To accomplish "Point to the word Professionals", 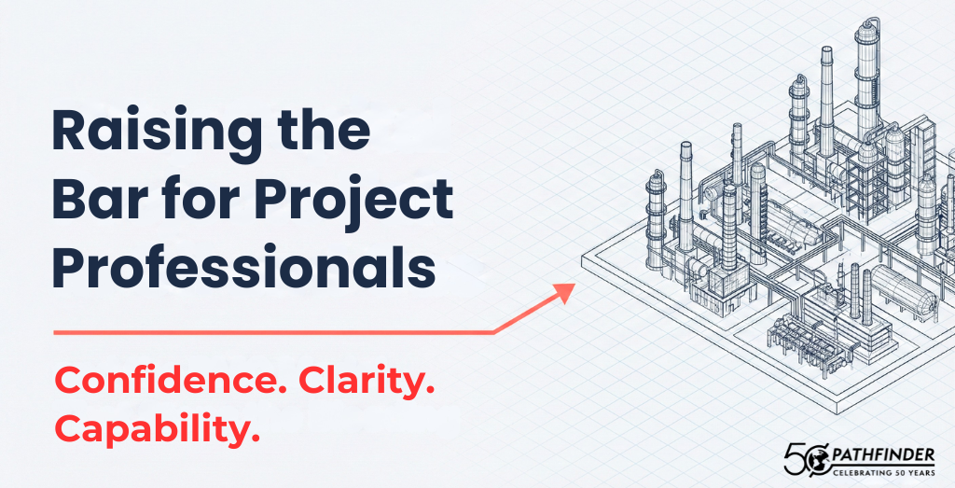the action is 243,268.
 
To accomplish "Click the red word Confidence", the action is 172,381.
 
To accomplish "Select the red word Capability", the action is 157,429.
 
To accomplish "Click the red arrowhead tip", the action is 574,285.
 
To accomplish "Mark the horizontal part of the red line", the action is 273,333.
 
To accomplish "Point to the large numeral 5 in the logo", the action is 794,459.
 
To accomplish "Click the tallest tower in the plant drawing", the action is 866,79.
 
